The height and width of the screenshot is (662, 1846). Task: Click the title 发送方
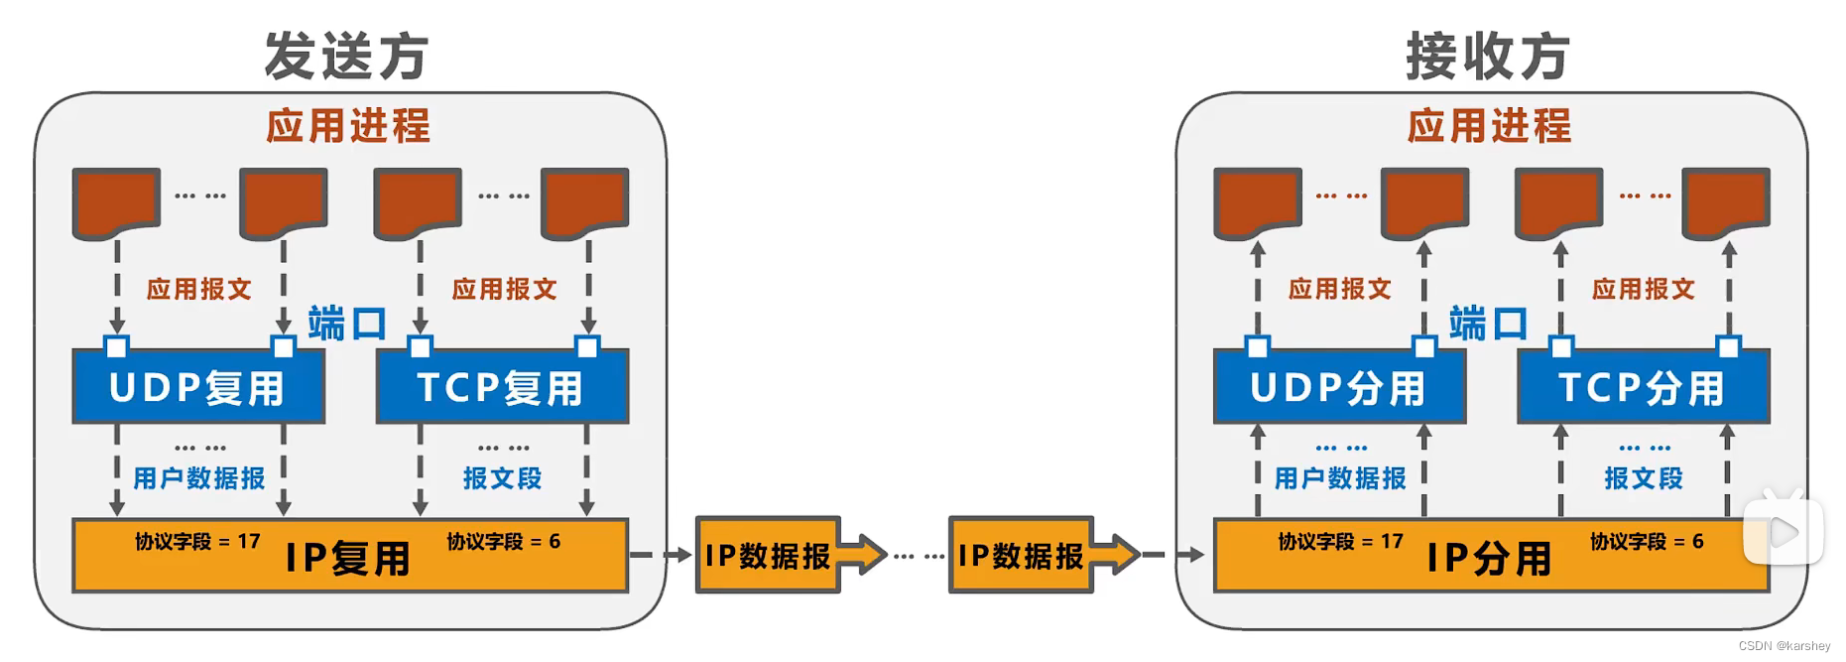(346, 56)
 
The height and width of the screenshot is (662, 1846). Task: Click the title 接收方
(1488, 56)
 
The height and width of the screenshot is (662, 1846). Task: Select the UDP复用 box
(198, 388)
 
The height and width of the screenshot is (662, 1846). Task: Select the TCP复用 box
(502, 388)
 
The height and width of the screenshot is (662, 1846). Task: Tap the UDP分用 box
(1339, 388)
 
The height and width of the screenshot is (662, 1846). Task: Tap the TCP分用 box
(1643, 388)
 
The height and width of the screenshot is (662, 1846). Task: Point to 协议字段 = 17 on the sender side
(197, 542)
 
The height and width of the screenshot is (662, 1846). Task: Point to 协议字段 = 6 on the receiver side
(1647, 542)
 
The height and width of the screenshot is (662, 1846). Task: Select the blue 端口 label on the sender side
(346, 324)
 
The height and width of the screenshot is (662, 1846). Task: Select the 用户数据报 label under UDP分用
(1340, 478)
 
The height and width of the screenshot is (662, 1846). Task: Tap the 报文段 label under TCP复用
(502, 478)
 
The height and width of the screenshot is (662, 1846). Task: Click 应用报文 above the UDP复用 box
(199, 289)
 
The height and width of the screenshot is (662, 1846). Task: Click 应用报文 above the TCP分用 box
(1644, 289)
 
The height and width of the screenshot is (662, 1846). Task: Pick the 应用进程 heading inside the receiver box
(1489, 126)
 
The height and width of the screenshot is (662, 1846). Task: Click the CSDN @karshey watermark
(1784, 646)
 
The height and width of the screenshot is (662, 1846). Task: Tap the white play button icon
(1784, 532)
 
